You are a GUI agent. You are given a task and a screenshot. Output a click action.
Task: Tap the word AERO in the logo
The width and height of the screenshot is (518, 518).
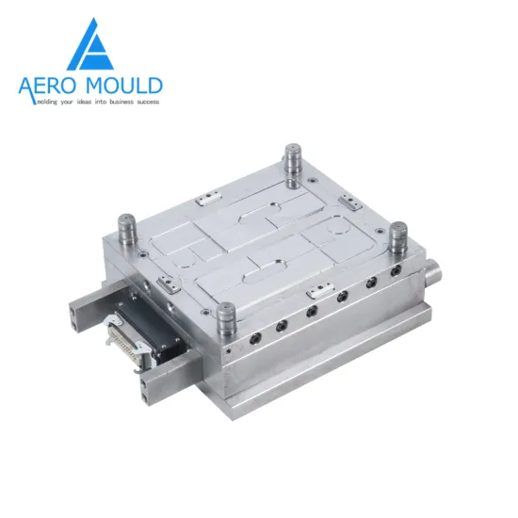[53, 86]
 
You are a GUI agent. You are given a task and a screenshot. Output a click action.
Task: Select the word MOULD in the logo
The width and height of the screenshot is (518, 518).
[126, 86]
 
